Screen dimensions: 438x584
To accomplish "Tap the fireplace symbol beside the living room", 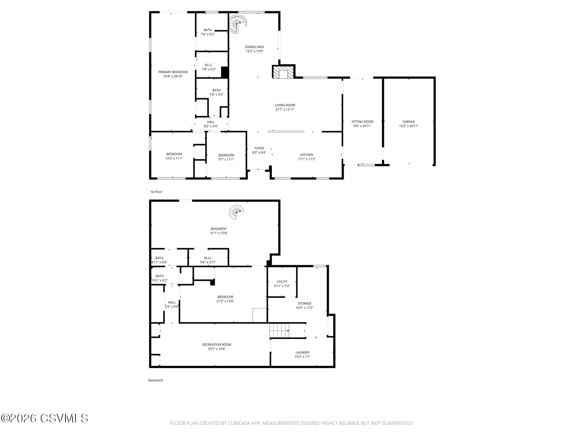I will pyautogui.click(x=284, y=73).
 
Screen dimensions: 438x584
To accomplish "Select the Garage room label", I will pyautogui.click(x=408, y=122).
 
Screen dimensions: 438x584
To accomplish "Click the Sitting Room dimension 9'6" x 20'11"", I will pyautogui.click(x=362, y=126).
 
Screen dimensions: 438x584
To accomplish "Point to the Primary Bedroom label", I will pyautogui.click(x=173, y=72).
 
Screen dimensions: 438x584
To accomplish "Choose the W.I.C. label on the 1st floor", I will pyautogui.click(x=209, y=65).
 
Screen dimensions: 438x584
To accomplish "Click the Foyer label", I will pyautogui.click(x=259, y=148).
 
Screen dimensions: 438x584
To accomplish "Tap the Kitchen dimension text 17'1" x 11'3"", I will pyautogui.click(x=307, y=159).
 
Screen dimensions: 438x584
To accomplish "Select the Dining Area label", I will pyautogui.click(x=254, y=47).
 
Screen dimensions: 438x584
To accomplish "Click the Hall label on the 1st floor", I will pyautogui.click(x=211, y=122).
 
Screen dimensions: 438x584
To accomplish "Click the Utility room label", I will pyautogui.click(x=282, y=282).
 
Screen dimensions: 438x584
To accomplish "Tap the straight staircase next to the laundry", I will pyautogui.click(x=279, y=331).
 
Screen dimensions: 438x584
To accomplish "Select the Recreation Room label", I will pyautogui.click(x=217, y=345).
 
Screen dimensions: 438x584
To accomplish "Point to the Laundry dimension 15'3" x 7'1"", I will pyautogui.click(x=302, y=357).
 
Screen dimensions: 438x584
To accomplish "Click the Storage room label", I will pyautogui.click(x=304, y=303).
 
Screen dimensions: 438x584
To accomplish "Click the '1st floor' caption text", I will pyautogui.click(x=156, y=192).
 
